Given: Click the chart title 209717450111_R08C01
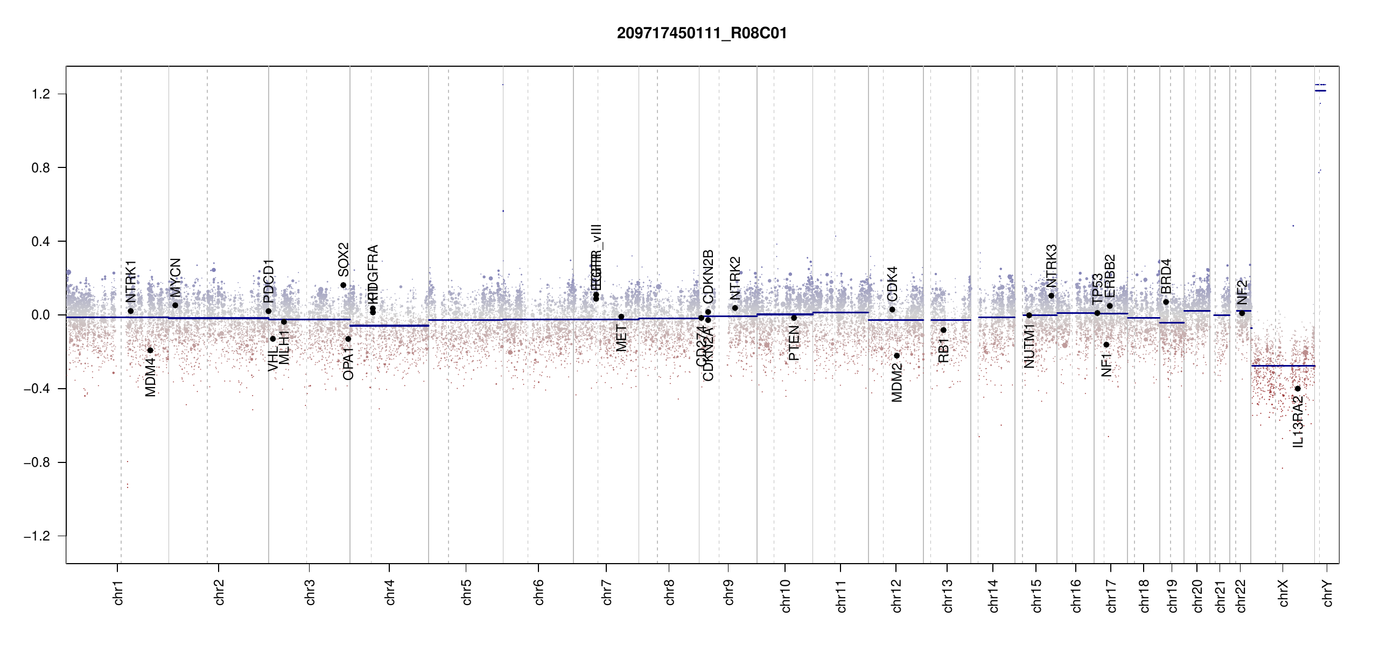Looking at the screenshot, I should point(702,33).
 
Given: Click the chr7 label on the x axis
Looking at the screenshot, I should point(607,592).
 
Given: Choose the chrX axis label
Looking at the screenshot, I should point(1283,593).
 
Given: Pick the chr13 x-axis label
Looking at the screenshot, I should point(948,595).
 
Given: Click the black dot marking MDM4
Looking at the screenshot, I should point(150,350).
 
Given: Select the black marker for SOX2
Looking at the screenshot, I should point(343,285).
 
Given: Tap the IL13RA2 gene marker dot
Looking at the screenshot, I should point(1298,389).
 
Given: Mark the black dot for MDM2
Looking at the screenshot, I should point(897,356).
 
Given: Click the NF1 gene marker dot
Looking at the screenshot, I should point(1106,345).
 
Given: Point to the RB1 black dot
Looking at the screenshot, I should point(943,330).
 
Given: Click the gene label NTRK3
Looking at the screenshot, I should point(1052,265).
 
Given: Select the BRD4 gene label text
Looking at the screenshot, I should point(1166,276).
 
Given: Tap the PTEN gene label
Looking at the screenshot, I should point(794,343).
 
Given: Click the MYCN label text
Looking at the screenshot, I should point(176,277).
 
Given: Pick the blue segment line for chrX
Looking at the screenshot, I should point(1283,366).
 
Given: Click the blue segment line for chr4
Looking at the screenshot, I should point(389,326).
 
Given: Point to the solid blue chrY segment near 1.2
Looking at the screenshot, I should point(1320,90).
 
